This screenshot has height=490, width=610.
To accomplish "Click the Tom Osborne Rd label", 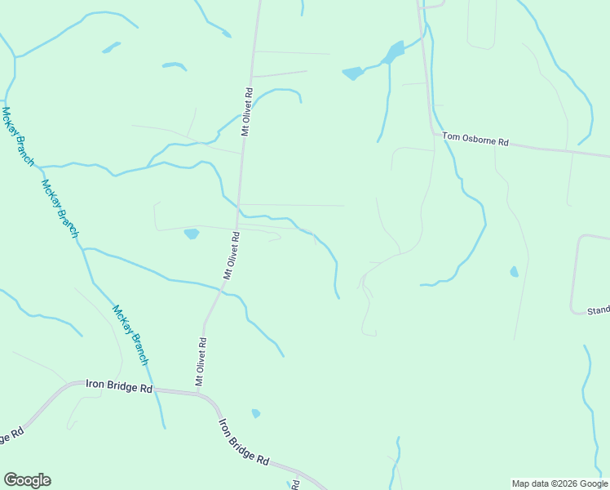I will (475, 140).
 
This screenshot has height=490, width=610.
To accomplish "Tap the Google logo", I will (27, 480).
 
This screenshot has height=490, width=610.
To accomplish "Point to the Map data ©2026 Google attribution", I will (559, 483).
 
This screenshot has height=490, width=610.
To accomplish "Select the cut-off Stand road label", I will (598, 311).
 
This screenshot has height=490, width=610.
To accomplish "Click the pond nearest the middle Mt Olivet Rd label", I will (192, 234).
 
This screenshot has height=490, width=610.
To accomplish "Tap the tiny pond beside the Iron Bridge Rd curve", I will (255, 413).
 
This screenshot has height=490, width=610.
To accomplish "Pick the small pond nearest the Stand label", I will (514, 271).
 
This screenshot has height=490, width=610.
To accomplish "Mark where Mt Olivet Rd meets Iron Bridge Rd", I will (197, 394).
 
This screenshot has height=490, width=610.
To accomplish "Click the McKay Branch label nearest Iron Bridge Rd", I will (131, 335).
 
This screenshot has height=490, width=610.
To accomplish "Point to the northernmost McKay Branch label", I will (16, 136).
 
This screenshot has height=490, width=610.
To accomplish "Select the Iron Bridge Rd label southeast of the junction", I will (244, 442).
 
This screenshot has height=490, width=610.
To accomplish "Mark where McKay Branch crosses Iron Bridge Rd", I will (159, 390).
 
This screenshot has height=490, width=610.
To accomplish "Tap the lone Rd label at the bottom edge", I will (296, 484).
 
